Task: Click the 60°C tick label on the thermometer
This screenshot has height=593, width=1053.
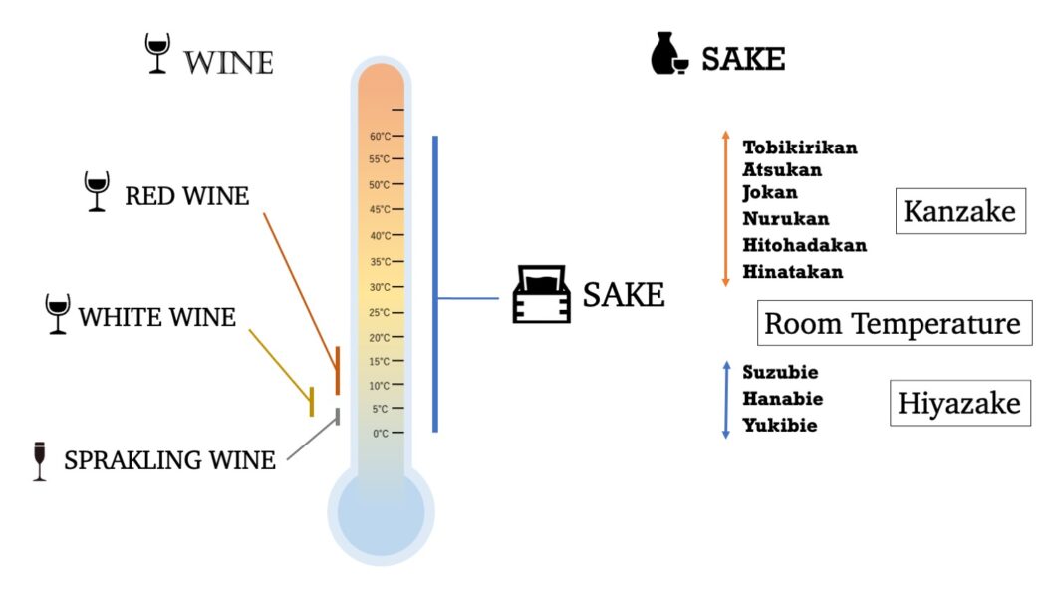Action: pyautogui.click(x=380, y=136)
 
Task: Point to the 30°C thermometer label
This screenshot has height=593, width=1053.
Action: pyautogui.click(x=380, y=287)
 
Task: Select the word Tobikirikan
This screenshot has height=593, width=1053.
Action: pyautogui.click(x=800, y=148)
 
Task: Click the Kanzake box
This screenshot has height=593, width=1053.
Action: pyautogui.click(x=959, y=211)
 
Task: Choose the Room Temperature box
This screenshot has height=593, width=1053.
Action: pyautogui.click(x=893, y=324)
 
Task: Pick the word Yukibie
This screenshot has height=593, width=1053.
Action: pyautogui.click(x=780, y=426)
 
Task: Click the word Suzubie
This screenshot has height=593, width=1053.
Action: pyautogui.click(x=780, y=373)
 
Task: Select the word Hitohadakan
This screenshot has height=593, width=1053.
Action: pyautogui.click(x=805, y=245)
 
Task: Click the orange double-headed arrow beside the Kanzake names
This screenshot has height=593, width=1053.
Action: pyautogui.click(x=725, y=208)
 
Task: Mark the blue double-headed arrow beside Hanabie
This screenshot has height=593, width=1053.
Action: pyautogui.click(x=726, y=399)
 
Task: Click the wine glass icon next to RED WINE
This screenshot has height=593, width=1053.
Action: pyautogui.click(x=97, y=190)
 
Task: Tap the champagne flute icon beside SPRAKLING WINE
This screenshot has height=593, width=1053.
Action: pyautogui.click(x=40, y=460)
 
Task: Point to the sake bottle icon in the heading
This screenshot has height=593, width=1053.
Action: pyautogui.click(x=668, y=54)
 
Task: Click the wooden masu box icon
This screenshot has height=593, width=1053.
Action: pyautogui.click(x=540, y=294)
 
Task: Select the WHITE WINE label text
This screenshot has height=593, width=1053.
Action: pyautogui.click(x=157, y=318)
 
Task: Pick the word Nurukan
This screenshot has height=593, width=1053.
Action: pyautogui.click(x=786, y=219)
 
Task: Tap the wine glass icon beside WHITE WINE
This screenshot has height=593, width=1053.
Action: pyautogui.click(x=58, y=313)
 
